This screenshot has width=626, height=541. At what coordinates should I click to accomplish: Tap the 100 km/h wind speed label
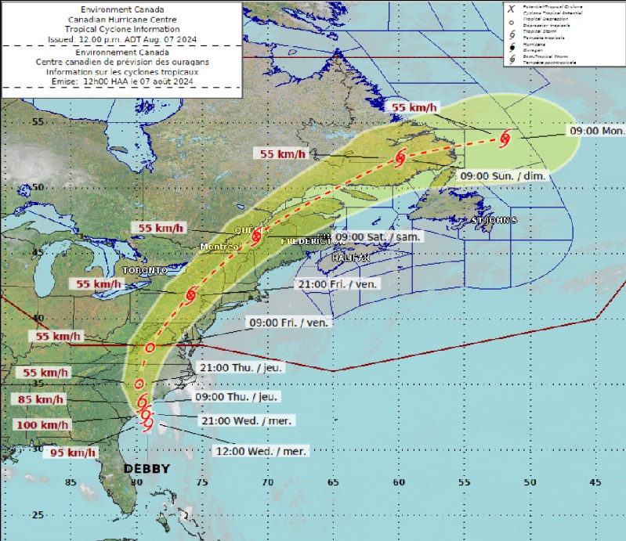coord(42,424)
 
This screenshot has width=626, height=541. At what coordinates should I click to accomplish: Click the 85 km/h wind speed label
coord(36,399)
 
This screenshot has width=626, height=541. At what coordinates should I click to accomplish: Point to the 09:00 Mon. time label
coord(597,132)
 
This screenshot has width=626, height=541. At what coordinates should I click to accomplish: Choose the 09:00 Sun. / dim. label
coord(502,175)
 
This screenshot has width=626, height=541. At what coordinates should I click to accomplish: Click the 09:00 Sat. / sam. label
coord(378,236)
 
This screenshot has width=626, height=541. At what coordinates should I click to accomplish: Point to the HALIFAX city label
coord(350,257)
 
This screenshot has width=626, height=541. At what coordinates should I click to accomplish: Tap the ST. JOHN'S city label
coord(494,221)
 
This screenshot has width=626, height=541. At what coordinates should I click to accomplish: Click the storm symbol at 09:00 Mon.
coord(504,139)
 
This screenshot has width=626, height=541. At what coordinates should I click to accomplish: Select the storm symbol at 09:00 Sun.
coord(400,157)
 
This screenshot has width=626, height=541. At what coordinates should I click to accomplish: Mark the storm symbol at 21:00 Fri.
coord(191,294)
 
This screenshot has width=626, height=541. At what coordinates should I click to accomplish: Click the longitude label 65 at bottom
coord(334,482)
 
